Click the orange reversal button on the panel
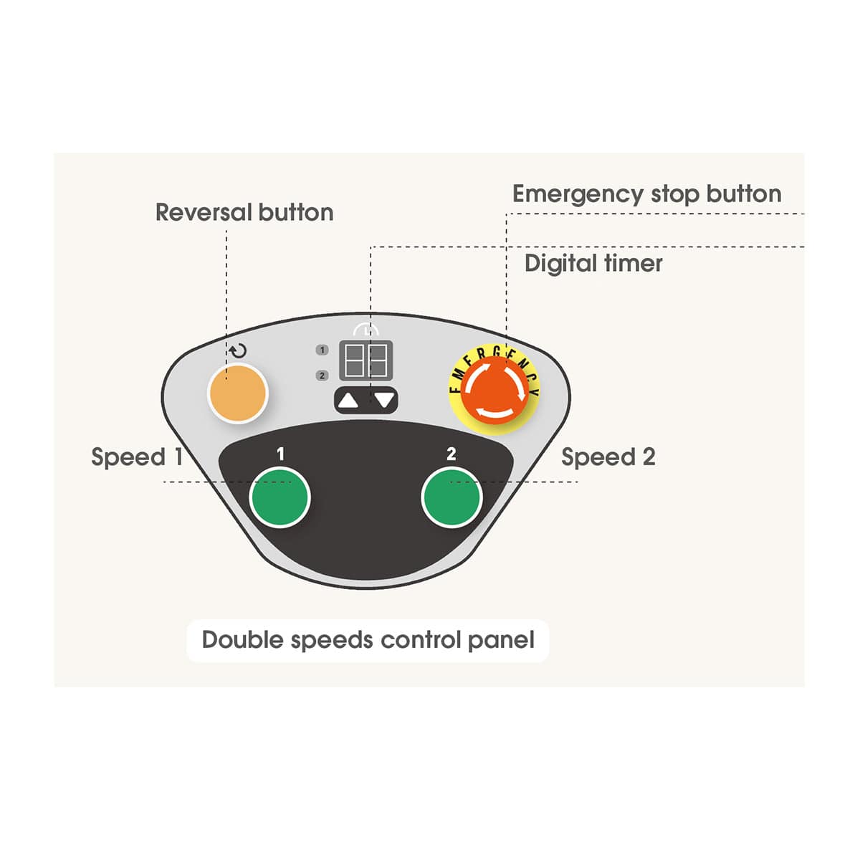point(238,393)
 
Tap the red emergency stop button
point(494,390)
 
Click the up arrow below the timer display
point(348,401)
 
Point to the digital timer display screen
point(366,360)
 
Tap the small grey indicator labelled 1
point(322,350)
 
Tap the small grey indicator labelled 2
point(322,376)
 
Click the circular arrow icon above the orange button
point(238,350)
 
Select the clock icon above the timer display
point(366,330)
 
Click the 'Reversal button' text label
point(244,212)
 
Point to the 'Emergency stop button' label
point(646,194)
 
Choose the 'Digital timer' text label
point(593,263)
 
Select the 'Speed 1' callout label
point(137,457)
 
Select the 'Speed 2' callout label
point(608,457)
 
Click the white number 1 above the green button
point(280,454)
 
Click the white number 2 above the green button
point(451,454)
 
